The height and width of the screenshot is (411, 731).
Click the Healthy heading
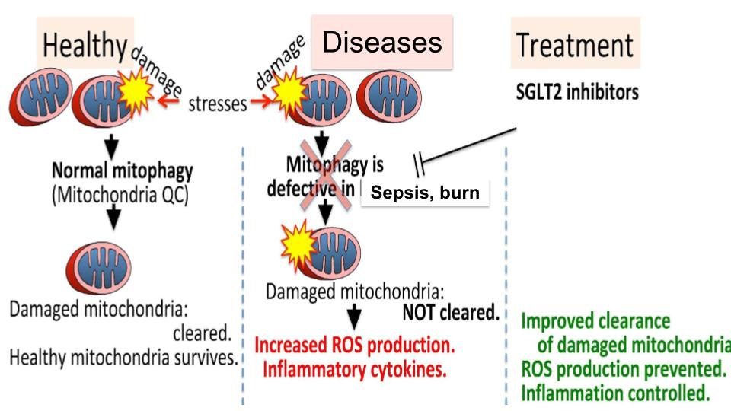tap(85, 46)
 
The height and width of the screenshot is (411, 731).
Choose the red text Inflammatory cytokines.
tap(353, 371)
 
